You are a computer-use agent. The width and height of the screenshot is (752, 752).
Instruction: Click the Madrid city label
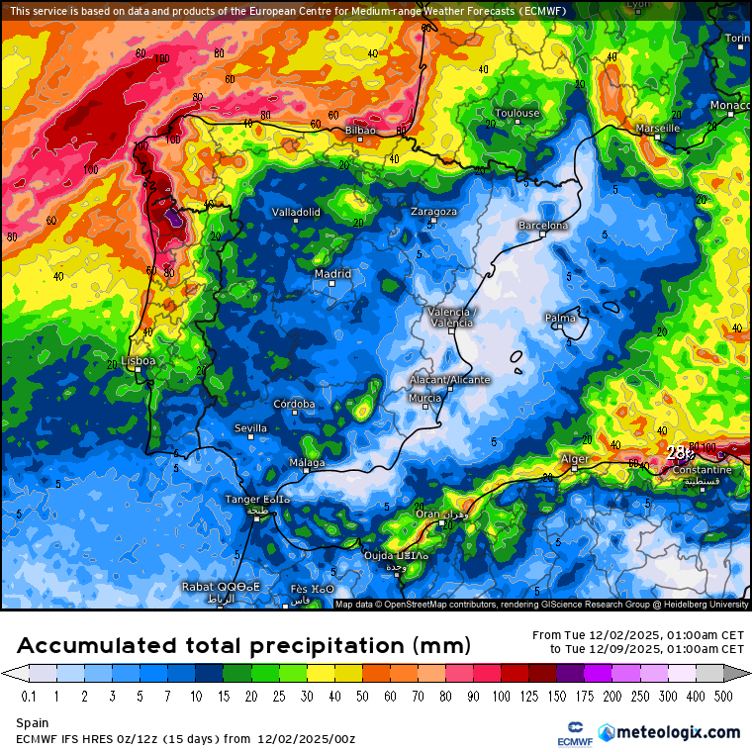tap(332, 274)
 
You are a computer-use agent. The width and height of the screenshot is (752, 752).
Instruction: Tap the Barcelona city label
tap(543, 226)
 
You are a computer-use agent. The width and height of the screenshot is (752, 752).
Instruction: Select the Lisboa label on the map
tap(138, 361)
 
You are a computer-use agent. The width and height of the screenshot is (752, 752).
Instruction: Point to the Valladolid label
tap(296, 212)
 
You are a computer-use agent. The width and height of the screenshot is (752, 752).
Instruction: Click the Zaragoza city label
tap(433, 212)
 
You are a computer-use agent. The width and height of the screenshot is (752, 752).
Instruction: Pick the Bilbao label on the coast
tap(360, 131)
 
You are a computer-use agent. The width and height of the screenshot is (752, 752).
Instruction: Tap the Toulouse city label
tap(517, 113)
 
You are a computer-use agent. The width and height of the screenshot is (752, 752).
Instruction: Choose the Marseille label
tap(658, 129)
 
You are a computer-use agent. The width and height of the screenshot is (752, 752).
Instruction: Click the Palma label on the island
tap(560, 318)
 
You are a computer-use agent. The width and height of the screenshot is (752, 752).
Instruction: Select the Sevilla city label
tap(250, 428)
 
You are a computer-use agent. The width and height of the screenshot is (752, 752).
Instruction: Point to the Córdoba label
tap(294, 404)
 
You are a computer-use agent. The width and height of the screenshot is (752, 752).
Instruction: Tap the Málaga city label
tap(307, 463)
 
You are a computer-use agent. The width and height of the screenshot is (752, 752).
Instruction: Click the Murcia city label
tap(424, 398)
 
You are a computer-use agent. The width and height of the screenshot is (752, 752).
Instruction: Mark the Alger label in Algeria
tap(575, 459)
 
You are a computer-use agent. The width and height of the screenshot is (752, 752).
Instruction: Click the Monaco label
tap(730, 105)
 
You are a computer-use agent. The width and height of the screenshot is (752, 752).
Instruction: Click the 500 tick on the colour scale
tap(724, 696)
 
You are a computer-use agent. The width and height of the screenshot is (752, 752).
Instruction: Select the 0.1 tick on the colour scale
tap(30, 696)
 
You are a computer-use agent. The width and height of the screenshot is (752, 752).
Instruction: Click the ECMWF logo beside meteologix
tap(569, 732)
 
